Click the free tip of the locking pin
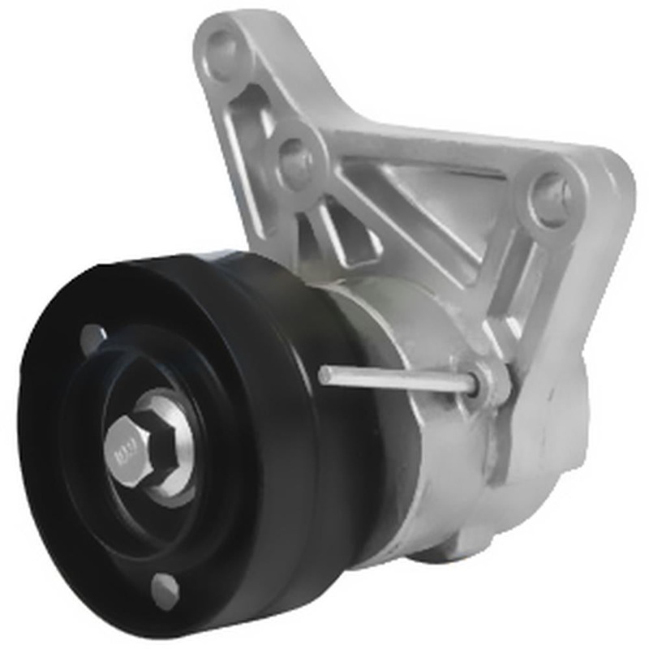pyautogui.click(x=324, y=374)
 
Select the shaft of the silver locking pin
pyautogui.click(x=398, y=378)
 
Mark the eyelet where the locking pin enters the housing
pyautogui.click(x=487, y=381)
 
